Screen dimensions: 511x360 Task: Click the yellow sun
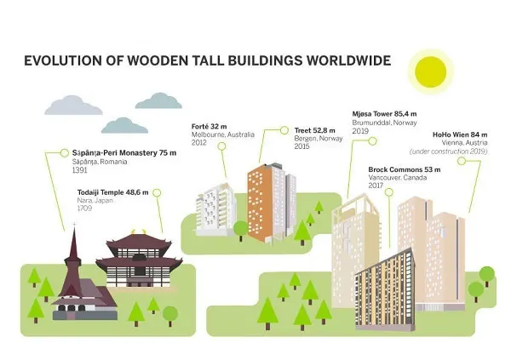[x=430, y=72]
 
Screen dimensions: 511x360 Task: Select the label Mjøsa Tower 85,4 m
[x=384, y=114]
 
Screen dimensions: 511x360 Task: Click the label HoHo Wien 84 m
[x=460, y=134]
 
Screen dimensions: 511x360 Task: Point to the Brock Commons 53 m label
[x=404, y=169]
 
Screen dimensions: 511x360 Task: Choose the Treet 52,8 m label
[x=314, y=130]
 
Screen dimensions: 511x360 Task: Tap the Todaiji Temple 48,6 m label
[x=112, y=192]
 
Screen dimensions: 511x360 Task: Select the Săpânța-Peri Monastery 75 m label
[x=124, y=153]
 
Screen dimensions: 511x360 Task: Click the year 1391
[x=79, y=170]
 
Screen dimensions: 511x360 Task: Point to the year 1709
[x=84, y=209]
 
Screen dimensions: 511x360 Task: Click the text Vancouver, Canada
[x=397, y=178]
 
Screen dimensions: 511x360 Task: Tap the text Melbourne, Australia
[x=222, y=134]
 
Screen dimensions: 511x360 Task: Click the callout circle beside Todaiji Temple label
[x=157, y=193]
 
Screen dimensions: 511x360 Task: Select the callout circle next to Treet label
[x=284, y=130]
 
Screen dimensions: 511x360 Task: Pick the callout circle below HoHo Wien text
[x=461, y=161]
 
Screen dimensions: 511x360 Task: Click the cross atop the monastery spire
[x=75, y=226]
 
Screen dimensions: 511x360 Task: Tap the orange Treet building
[x=261, y=203]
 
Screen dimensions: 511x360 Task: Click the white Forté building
[x=215, y=209]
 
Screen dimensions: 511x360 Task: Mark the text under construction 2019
[x=449, y=151]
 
